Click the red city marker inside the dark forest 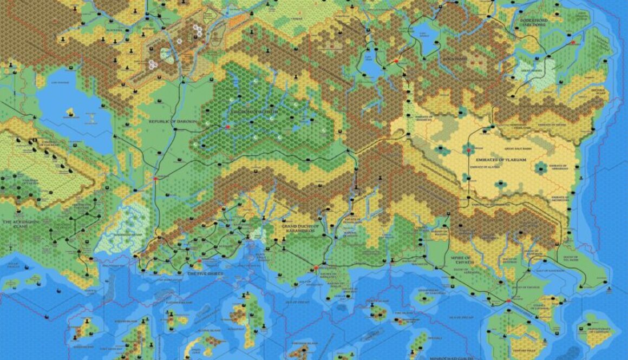click(228, 127)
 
